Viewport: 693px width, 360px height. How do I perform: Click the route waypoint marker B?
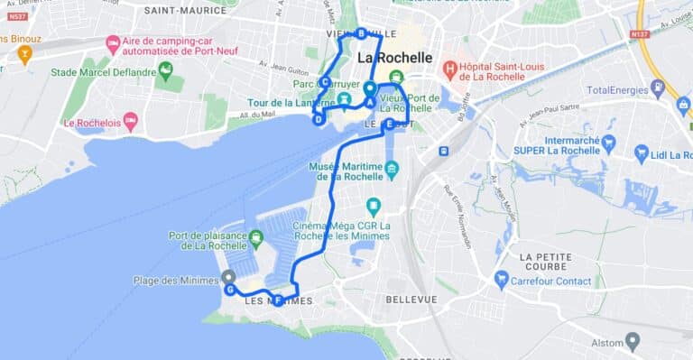point(361,33)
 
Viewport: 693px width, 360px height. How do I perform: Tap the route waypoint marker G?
point(231,290)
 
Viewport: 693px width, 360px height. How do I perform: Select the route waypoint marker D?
point(319,118)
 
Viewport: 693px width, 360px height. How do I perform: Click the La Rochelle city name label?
point(394,58)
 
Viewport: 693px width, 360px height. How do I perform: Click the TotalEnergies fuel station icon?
point(657,89)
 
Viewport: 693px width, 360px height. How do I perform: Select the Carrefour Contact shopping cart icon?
point(502,281)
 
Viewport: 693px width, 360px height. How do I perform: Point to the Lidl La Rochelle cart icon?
point(642,154)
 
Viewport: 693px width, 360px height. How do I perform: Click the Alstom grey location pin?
point(633,342)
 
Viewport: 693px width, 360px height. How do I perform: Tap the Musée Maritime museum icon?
point(391,170)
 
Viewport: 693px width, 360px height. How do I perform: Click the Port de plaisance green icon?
point(255,239)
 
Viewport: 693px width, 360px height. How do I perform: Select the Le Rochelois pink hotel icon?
point(131,122)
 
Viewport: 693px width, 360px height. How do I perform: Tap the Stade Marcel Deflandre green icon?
point(164,72)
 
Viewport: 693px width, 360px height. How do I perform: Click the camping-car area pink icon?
point(113,44)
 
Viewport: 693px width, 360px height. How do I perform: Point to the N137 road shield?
point(641,34)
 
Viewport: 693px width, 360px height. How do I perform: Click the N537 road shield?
point(17,16)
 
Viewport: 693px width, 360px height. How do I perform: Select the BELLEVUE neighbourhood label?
point(411,299)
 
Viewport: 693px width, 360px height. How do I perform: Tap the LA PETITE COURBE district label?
point(545,262)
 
